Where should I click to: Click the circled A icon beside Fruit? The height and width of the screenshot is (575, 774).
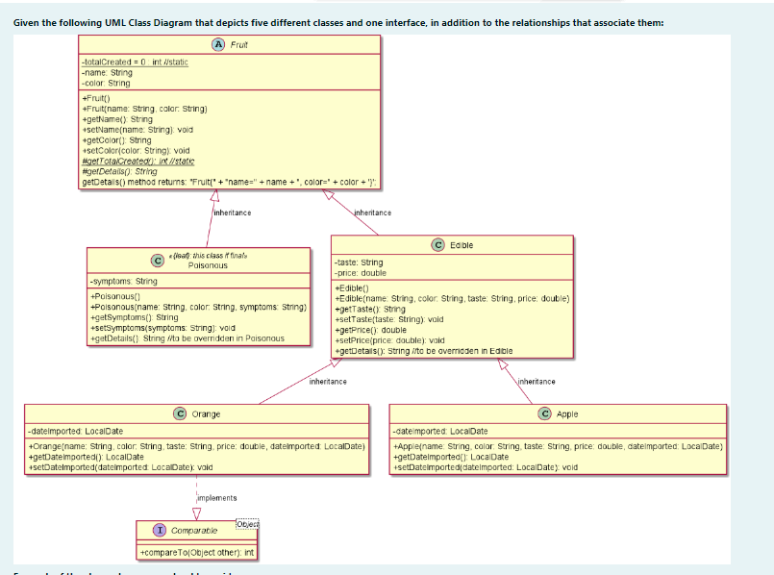219,44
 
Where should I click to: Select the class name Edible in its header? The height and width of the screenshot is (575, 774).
462,245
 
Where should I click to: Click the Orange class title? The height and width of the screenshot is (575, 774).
206,413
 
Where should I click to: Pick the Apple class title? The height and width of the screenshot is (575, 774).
567,413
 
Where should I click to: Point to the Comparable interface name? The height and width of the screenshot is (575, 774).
193,530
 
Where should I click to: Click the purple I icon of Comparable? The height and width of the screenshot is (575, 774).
160,530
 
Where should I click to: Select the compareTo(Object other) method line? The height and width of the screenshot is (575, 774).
197,552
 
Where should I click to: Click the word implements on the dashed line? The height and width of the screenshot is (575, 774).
216,498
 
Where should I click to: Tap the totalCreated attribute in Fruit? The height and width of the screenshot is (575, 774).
135,62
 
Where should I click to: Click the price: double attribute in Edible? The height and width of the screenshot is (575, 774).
360,273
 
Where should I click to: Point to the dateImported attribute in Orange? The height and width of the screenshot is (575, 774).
76,431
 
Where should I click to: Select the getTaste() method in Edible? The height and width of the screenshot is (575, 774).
369,309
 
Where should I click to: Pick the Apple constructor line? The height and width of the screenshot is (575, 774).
557,447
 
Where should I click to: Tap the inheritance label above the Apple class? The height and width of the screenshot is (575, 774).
537,382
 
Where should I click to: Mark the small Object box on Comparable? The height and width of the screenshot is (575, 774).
248,524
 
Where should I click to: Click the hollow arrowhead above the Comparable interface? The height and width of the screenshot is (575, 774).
195,512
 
